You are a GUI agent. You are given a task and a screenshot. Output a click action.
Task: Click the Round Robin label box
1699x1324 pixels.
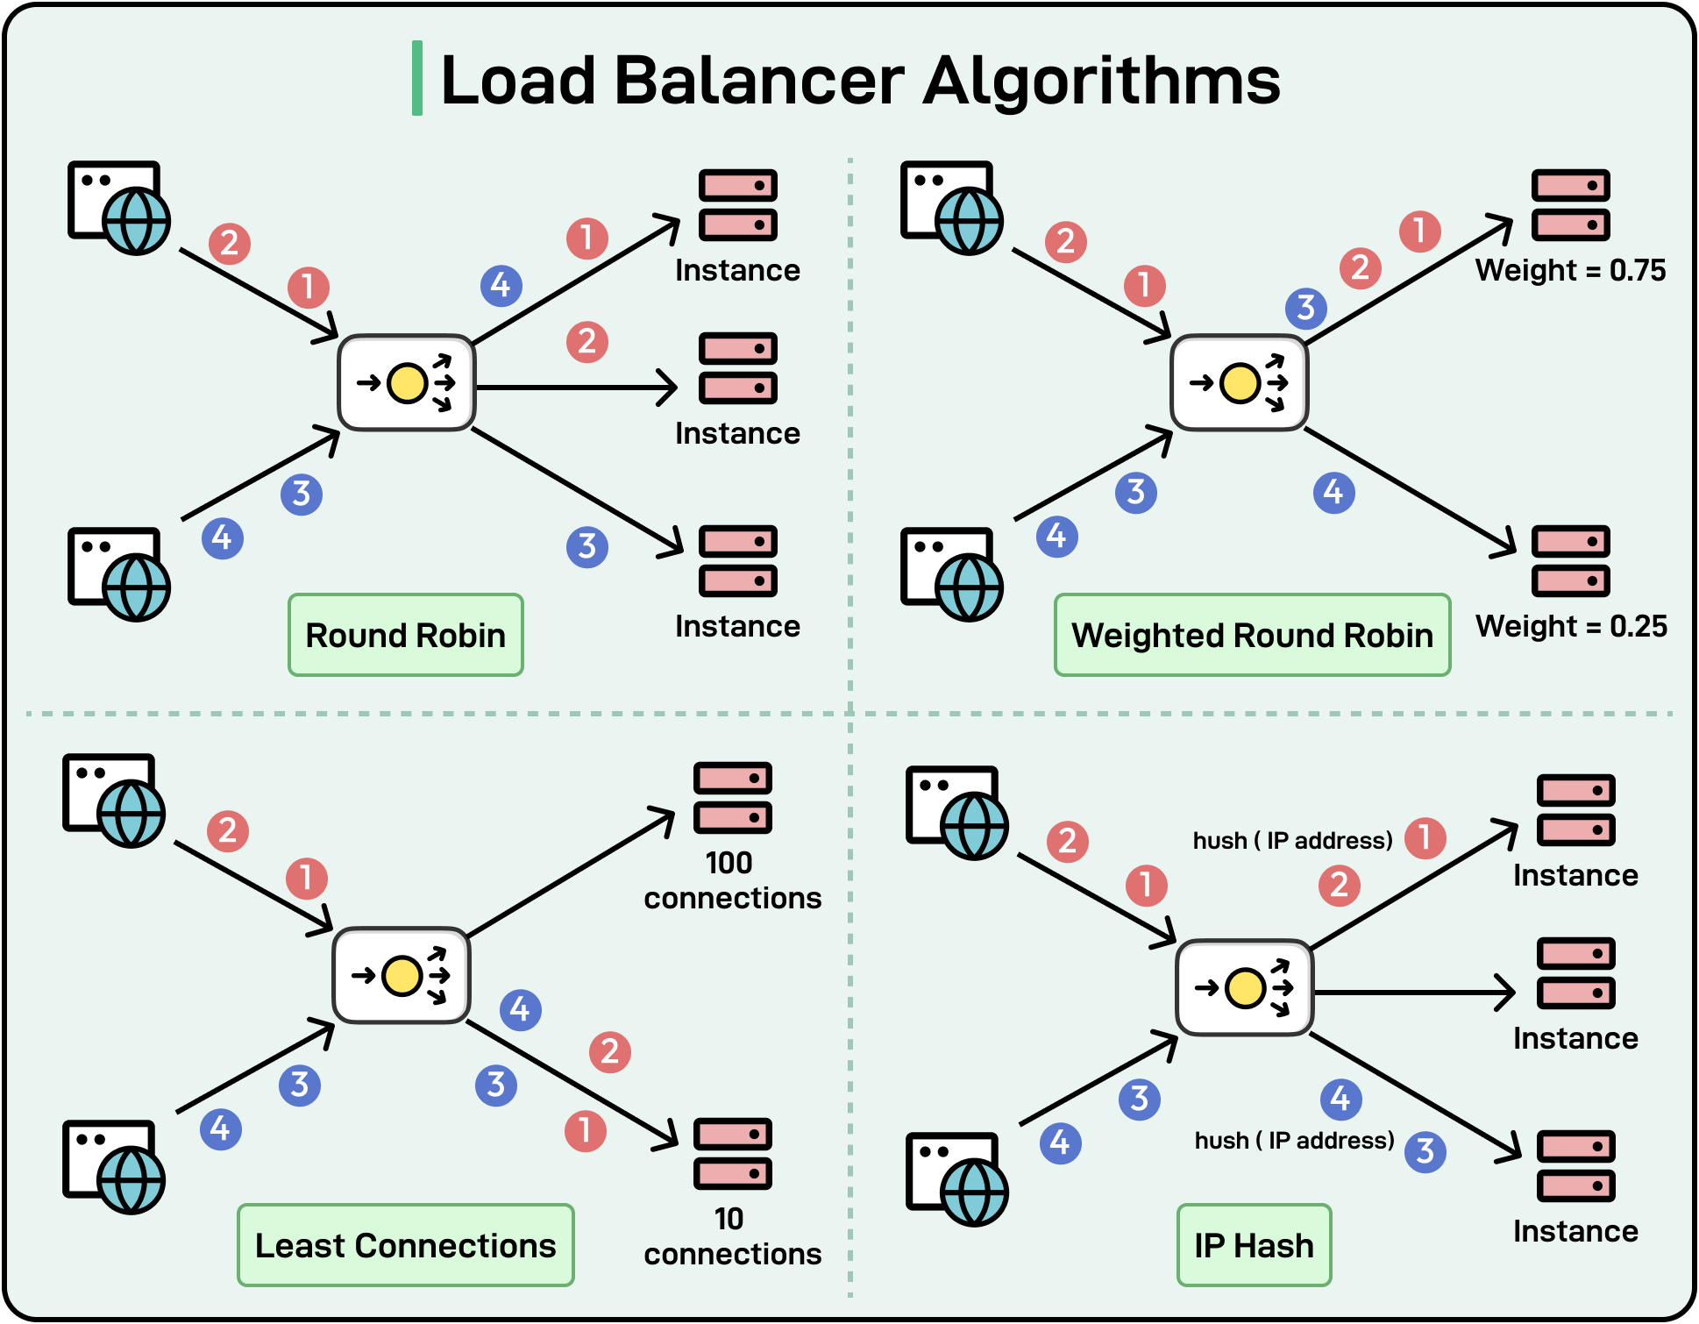coord(405,635)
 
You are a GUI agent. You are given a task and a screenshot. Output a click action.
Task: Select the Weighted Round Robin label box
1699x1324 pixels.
coord(1252,635)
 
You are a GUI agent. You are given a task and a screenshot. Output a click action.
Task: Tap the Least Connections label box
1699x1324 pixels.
coord(405,1245)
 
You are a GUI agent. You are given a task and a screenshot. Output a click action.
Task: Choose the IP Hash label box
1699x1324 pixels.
coord(1254,1245)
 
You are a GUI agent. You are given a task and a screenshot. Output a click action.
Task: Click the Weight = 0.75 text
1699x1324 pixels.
coord(1570,270)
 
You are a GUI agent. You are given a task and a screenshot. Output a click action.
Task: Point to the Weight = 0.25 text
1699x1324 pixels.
coord(1570,626)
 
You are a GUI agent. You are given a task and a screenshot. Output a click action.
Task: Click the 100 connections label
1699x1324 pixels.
coord(732,880)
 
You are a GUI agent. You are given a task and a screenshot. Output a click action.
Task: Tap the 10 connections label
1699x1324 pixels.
coord(732,1236)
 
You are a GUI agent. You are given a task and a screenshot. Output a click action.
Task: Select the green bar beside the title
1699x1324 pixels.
coord(417,78)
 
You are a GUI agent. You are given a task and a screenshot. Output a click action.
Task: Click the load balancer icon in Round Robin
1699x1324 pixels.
coord(407,383)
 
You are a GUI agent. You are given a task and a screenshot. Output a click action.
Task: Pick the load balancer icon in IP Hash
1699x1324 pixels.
coord(1244,988)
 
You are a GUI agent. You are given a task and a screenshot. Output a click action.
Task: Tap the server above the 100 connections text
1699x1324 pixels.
coord(732,798)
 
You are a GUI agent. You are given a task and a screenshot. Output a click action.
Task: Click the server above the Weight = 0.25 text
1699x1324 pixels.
coord(1570,561)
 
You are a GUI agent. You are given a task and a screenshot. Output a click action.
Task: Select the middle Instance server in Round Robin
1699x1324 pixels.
coord(737,368)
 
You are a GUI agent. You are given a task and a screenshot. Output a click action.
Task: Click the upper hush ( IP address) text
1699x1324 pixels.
coord(1292,841)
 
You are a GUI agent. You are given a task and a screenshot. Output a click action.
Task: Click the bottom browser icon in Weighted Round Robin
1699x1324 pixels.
coord(951,573)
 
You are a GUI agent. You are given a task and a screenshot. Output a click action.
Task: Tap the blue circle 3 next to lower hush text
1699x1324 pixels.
coord(1425,1151)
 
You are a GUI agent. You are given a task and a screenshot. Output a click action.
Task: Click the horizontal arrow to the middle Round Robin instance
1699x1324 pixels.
coord(574,387)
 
